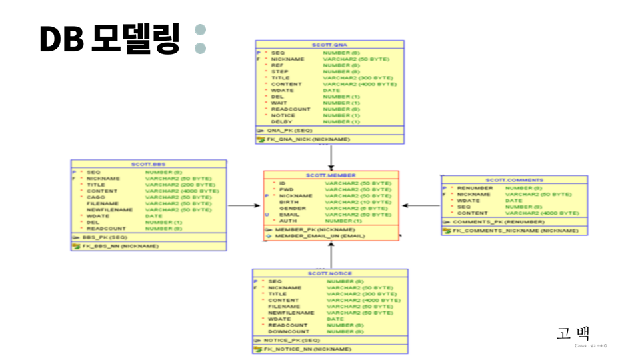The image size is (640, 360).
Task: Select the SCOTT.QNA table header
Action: [x=331, y=45]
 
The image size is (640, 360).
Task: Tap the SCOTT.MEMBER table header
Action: [x=331, y=175]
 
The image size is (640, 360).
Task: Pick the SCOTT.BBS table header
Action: [x=149, y=164]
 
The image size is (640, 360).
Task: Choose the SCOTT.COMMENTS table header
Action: [x=514, y=180]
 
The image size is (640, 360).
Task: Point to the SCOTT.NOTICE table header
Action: [x=330, y=273]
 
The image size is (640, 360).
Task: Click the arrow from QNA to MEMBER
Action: [x=331, y=157]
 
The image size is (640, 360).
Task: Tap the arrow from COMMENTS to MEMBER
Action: [x=420, y=205]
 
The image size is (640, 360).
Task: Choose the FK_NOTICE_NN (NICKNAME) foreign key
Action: [x=307, y=349]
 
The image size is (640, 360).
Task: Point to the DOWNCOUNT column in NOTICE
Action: [x=289, y=331]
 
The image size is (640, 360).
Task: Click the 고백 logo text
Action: [x=574, y=334]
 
